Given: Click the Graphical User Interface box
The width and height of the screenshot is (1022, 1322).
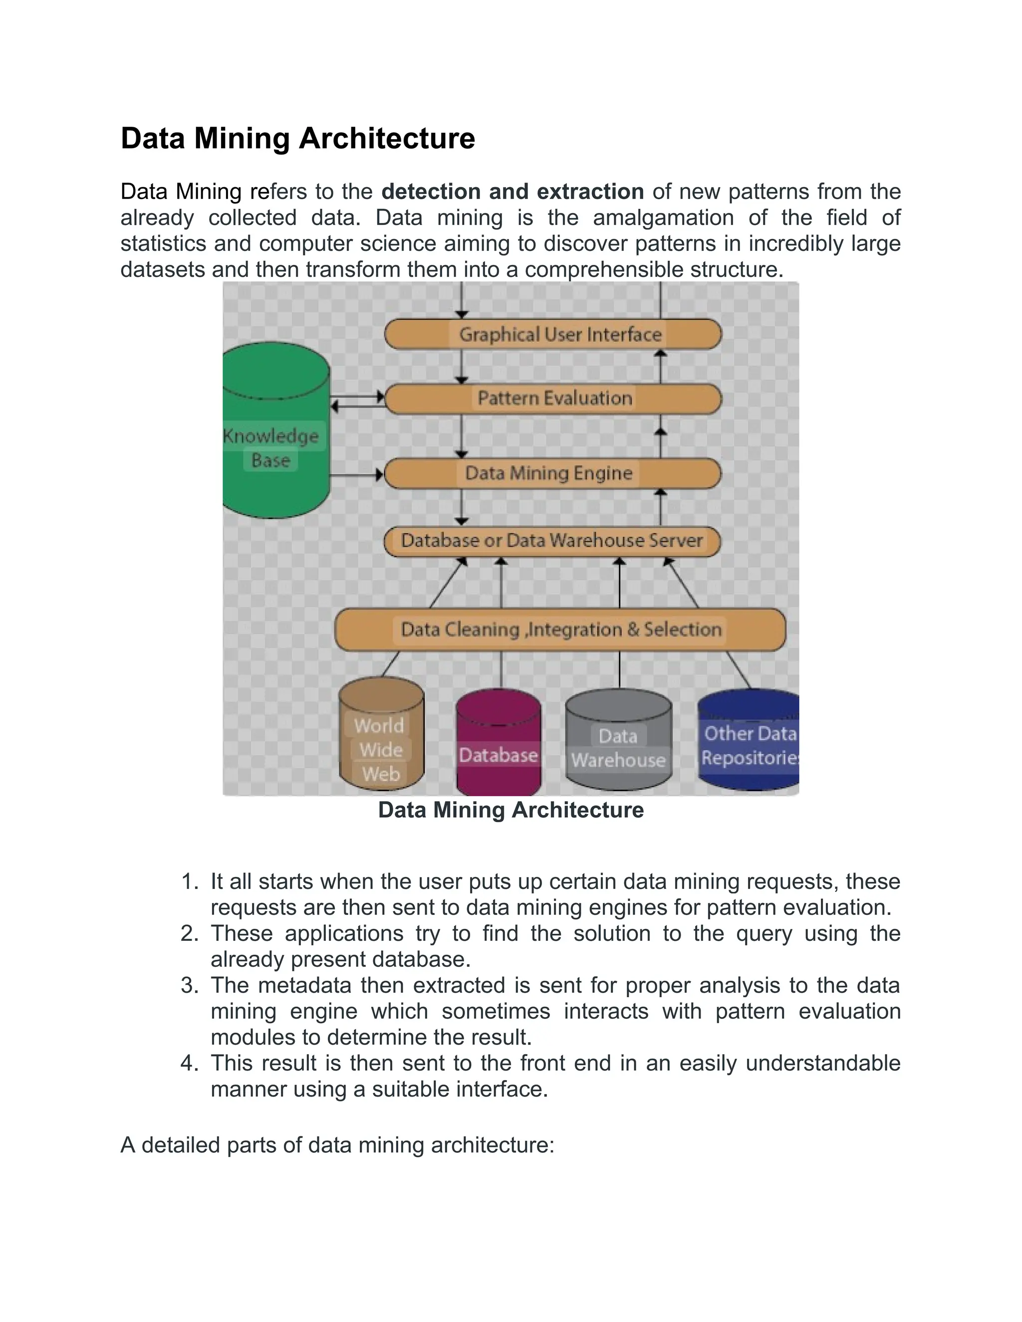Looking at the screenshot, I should click(553, 334).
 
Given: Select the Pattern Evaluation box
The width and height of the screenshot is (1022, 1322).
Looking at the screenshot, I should click(553, 398).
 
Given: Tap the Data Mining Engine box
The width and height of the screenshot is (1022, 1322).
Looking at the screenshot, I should click(553, 473).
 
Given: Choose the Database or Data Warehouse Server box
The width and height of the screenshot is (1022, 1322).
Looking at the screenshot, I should click(551, 541).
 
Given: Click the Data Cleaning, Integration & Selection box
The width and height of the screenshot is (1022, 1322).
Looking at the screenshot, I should click(560, 630).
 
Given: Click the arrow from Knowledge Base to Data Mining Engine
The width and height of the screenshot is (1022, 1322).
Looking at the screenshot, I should click(357, 474).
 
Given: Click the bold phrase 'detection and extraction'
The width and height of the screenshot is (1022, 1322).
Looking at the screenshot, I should click(512, 191).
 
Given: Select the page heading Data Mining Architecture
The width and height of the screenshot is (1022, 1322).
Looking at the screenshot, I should click(297, 138).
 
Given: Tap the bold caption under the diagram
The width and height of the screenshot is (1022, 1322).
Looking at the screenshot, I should click(511, 810).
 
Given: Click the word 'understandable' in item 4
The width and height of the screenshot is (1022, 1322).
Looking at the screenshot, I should click(823, 1063).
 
